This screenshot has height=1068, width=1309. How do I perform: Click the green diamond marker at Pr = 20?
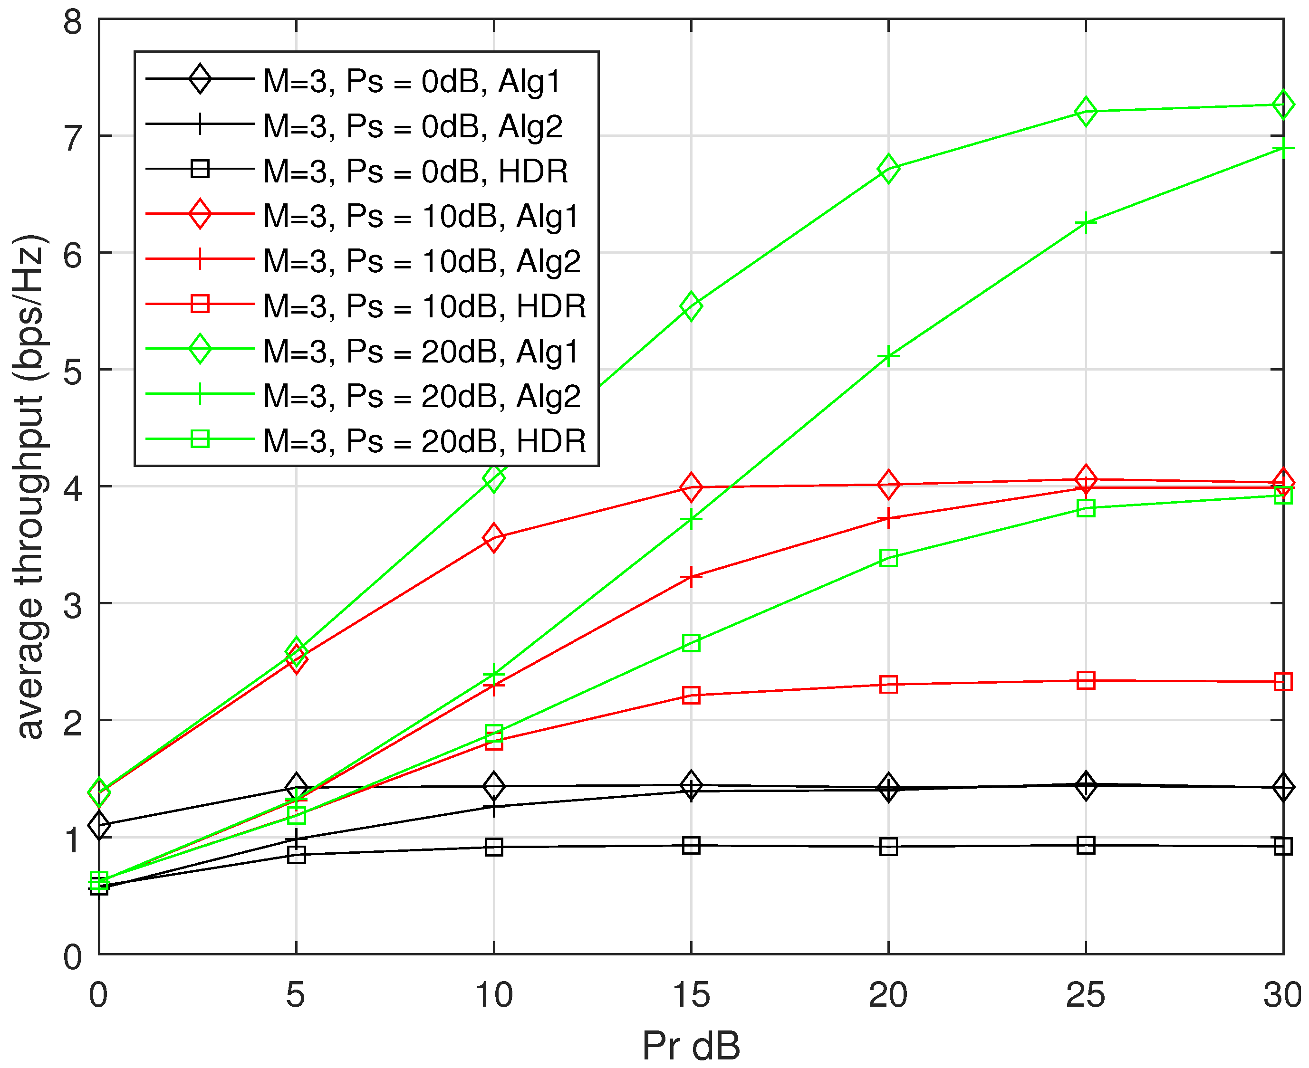(888, 168)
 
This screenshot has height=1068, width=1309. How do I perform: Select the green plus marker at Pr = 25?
(1086, 223)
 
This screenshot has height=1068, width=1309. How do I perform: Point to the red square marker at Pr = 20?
(888, 684)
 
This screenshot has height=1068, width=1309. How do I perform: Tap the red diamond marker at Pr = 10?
(493, 537)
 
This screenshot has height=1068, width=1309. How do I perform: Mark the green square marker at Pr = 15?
(691, 643)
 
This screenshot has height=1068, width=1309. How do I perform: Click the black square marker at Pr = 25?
(1086, 845)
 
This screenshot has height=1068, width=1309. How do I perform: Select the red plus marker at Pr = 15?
(691, 577)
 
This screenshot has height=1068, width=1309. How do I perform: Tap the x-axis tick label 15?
(691, 995)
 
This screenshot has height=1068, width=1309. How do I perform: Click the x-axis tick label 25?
(1086, 995)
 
